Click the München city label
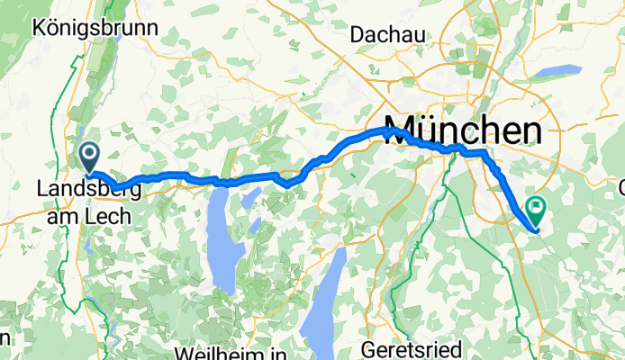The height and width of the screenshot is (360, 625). pyautogui.click(x=464, y=130)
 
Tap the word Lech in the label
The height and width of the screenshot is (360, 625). pyautogui.click(x=110, y=216)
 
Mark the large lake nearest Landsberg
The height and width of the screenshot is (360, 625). pyautogui.click(x=221, y=241)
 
